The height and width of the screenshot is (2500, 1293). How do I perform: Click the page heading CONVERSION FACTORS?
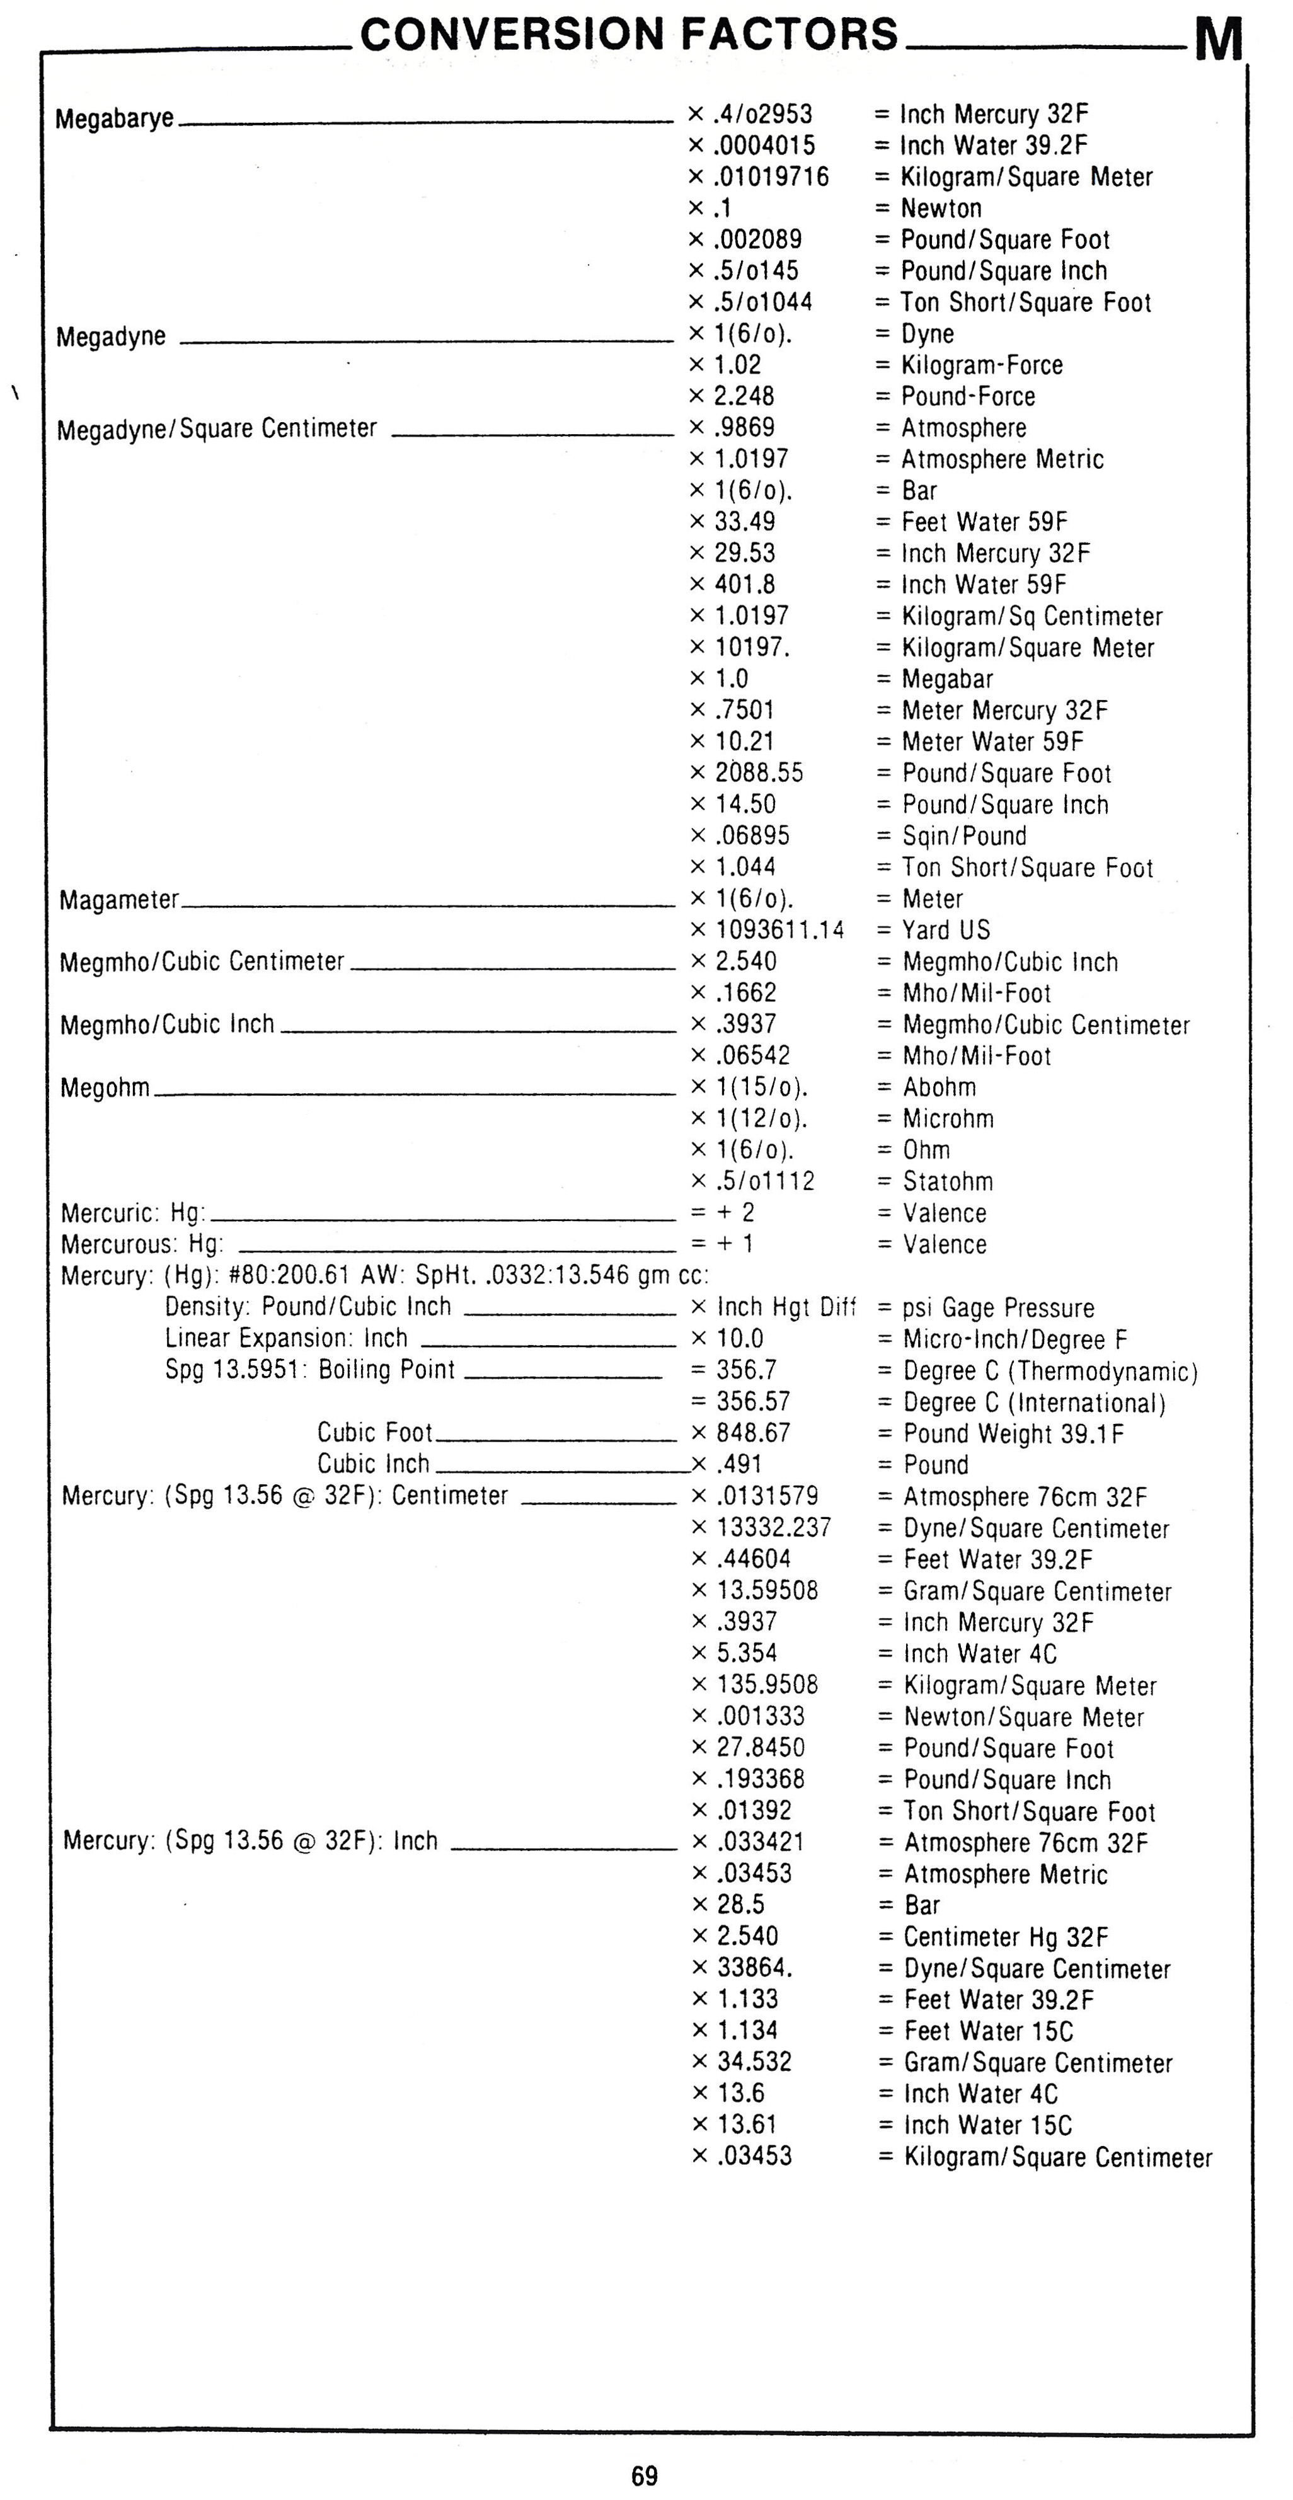click(x=629, y=34)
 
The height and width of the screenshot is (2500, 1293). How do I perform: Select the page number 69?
click(x=645, y=2475)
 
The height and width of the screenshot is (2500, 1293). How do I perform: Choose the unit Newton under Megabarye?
click(x=941, y=209)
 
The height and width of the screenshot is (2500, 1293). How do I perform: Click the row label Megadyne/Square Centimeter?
click(x=217, y=429)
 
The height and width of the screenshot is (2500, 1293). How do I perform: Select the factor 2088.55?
click(x=759, y=774)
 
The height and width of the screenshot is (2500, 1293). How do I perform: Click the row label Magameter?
click(x=119, y=900)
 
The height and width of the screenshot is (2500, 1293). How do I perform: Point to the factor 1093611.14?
click(x=779, y=930)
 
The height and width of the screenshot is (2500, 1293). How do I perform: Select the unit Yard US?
click(x=945, y=930)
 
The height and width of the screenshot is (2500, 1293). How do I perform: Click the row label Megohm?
click(x=105, y=1088)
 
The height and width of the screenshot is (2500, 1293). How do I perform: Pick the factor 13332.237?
click(x=774, y=1528)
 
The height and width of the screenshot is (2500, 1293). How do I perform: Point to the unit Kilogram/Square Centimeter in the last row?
click(x=1058, y=2157)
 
